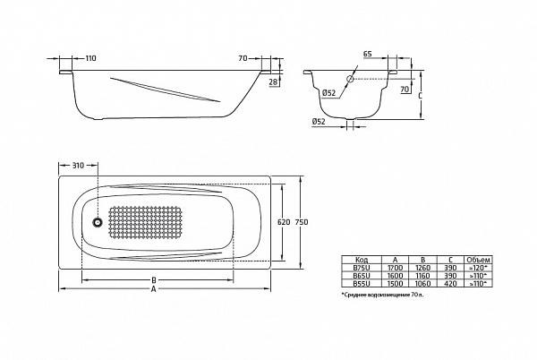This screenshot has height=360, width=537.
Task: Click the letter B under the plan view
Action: coord(154,279)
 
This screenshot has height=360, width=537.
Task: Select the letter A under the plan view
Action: coord(154,289)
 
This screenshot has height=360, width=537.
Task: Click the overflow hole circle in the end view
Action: coord(352,79)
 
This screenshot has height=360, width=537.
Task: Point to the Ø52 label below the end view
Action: coord(318,121)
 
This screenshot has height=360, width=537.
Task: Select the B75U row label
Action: coord(362,268)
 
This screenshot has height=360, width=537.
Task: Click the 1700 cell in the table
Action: coord(395,268)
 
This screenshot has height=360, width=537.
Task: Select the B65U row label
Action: coord(362,275)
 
